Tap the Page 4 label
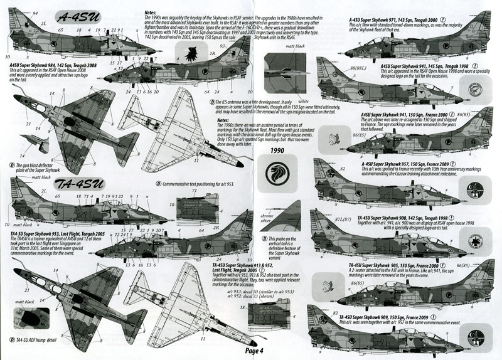click(257, 351)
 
